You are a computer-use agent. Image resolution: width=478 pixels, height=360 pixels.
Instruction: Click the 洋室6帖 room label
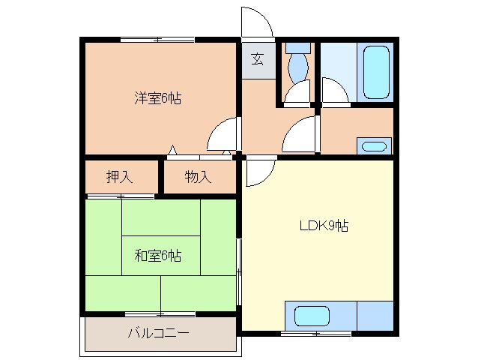click(157, 98)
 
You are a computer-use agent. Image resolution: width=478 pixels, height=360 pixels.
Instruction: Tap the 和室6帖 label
click(157, 256)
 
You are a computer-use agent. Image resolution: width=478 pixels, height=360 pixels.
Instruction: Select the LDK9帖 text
click(324, 226)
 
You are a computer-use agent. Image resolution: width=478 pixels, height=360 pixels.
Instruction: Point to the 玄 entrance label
click(258, 59)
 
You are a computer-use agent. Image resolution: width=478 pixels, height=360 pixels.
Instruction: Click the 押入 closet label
click(120, 177)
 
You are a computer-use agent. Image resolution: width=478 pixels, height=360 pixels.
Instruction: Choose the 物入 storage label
click(198, 177)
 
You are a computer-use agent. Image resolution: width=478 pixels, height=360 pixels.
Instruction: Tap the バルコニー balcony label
click(159, 333)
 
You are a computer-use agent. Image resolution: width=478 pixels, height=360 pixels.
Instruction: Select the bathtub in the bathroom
click(376, 72)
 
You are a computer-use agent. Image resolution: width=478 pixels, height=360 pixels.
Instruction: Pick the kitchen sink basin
click(312, 316)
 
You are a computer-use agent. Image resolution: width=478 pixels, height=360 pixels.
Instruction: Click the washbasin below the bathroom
click(374, 147)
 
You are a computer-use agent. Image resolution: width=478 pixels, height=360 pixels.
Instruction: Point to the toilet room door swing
click(297, 91)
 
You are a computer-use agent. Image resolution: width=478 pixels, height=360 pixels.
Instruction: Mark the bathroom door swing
click(335, 90)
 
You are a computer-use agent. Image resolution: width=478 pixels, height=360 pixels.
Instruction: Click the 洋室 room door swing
click(222, 133)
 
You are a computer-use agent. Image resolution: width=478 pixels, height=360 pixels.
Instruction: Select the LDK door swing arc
click(261, 171)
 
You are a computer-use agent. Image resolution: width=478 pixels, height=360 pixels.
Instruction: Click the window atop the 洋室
click(157, 40)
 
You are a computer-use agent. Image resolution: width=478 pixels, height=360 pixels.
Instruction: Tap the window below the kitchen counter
click(316, 334)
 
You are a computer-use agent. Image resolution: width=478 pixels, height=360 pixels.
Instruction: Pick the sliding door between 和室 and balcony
click(160, 314)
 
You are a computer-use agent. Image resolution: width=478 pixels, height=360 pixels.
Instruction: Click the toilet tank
click(298, 48)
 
